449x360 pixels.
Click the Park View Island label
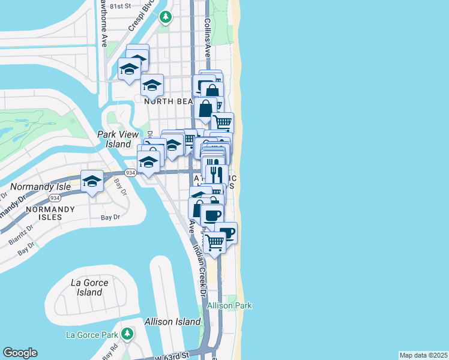[114, 139]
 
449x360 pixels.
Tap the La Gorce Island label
[89, 287]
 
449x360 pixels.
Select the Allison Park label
[229, 305]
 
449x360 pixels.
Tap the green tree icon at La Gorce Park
[127, 333]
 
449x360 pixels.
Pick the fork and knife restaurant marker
[215, 175]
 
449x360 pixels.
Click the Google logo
[20, 353]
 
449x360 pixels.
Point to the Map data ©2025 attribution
[423, 355]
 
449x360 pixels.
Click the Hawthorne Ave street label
[103, 24]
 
